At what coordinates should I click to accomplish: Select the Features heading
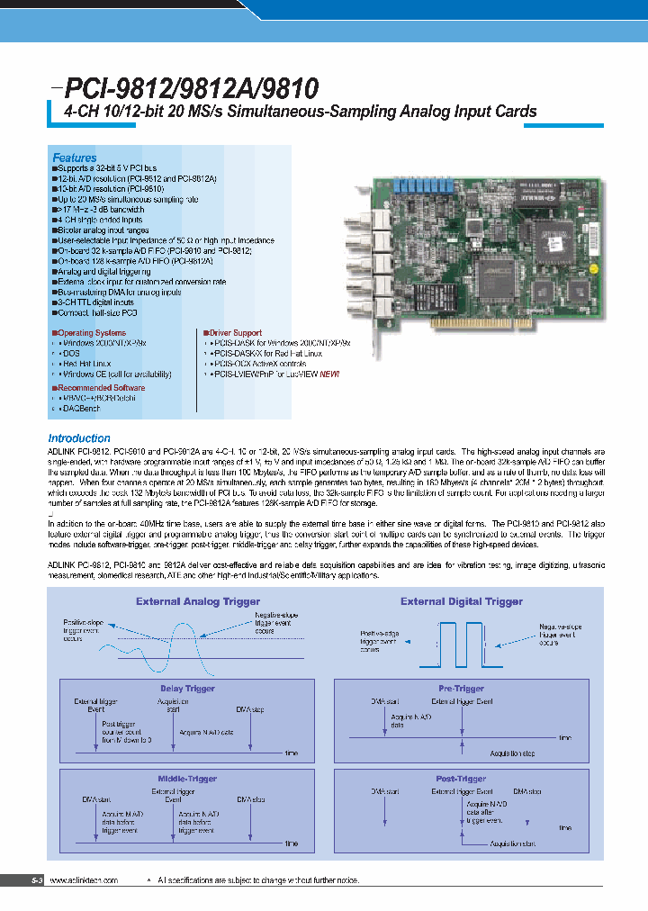click(74, 158)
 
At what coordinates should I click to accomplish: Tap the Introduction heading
click(78, 438)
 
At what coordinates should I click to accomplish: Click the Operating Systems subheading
click(89, 333)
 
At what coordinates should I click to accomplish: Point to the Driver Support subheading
click(235, 333)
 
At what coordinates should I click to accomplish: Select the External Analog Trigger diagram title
click(198, 601)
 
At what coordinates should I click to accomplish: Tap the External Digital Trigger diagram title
click(462, 601)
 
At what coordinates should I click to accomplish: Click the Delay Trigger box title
click(187, 688)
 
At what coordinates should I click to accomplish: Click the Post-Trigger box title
click(460, 778)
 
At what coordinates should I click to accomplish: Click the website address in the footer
click(84, 879)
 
